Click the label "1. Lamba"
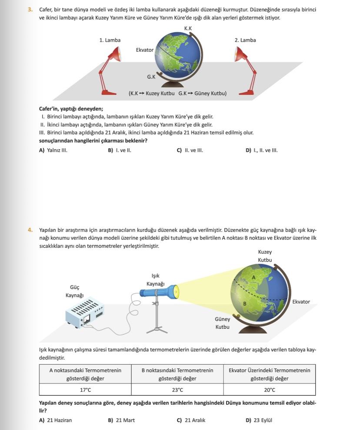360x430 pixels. [x=110, y=40]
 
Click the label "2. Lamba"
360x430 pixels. [x=245, y=40]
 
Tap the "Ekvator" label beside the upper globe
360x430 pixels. [x=145, y=50]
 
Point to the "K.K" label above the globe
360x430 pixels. [x=188, y=29]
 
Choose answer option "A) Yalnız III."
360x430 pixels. [x=53, y=150]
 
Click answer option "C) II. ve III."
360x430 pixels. [x=190, y=150]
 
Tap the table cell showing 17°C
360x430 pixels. [x=85, y=390]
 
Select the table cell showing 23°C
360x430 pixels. [x=177, y=390]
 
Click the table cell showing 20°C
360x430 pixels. [x=270, y=390]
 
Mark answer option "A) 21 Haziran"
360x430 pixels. [x=55, y=420]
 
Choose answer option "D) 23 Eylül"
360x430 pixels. [x=259, y=420]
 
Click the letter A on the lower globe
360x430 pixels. [x=254, y=277]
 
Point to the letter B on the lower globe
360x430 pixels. [x=245, y=303]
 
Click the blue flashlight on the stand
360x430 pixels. [x=159, y=291]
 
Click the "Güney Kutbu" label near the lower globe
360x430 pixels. [x=223, y=323]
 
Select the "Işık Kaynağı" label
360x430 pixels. [x=155, y=280]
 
